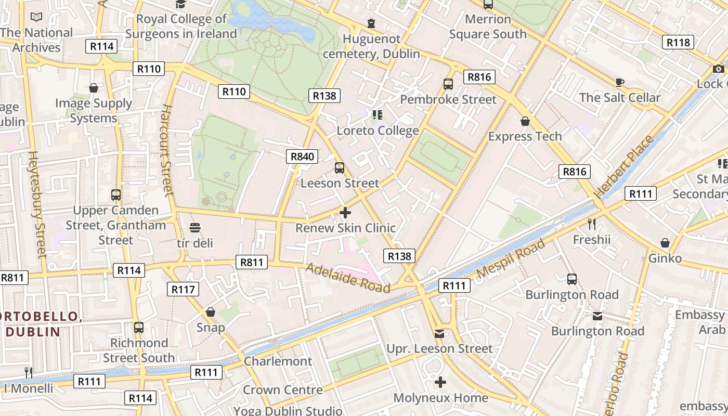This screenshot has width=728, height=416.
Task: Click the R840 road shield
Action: pyautogui.click(x=302, y=157)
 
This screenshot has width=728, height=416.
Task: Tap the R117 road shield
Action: pyautogui.click(x=183, y=289)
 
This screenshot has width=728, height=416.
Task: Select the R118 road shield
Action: pyautogui.click(x=678, y=42)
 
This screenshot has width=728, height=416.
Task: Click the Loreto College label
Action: pyautogui.click(x=378, y=131)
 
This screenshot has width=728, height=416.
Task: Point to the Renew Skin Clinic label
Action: pyautogui.click(x=345, y=228)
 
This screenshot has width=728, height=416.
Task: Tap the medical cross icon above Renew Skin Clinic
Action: pyautogui.click(x=345, y=213)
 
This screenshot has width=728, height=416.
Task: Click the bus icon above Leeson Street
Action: pyautogui.click(x=340, y=168)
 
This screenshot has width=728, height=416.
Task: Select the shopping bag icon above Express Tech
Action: pyautogui.click(x=525, y=121)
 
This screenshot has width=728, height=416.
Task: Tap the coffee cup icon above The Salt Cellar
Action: pyautogui.click(x=619, y=82)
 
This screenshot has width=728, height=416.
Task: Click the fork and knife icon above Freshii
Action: pyautogui.click(x=591, y=224)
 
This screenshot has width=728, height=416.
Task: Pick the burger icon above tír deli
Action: pyautogui.click(x=195, y=228)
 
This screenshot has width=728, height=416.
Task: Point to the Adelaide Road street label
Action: pyautogui.click(x=347, y=278)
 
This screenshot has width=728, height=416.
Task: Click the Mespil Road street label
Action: pyautogui.click(x=511, y=258)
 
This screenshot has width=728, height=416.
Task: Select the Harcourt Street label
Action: pyautogui.click(x=166, y=150)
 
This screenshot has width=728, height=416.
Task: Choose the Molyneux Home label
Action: pyautogui.click(x=440, y=398)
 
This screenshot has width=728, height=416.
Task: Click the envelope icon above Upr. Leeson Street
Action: pyautogui.click(x=439, y=333)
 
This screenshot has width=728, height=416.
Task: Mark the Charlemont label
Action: pyautogui.click(x=278, y=361)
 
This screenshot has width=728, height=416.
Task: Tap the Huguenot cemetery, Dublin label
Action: pyautogui.click(x=371, y=46)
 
